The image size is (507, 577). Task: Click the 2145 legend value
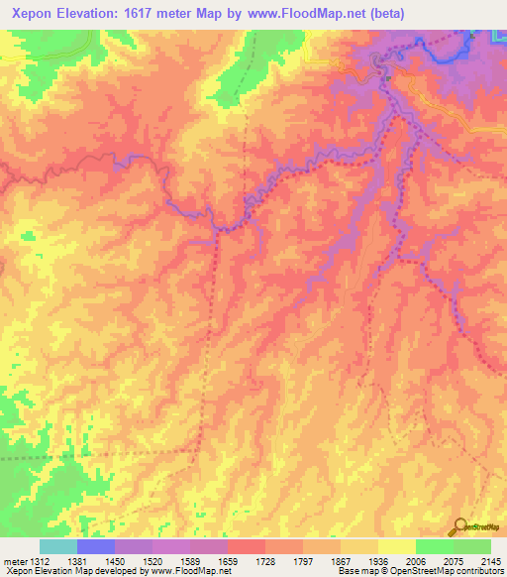pyautogui.click(x=488, y=561)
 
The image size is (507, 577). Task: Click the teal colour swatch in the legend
pyautogui.click(x=58, y=547)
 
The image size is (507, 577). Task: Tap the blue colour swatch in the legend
pyautogui.click(x=96, y=547)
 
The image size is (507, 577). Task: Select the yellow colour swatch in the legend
pyautogui.click(x=397, y=547)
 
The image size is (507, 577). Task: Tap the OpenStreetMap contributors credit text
pyautogui.click(x=450, y=571)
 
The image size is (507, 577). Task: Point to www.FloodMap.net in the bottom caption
pyautogui.click(x=189, y=571)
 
